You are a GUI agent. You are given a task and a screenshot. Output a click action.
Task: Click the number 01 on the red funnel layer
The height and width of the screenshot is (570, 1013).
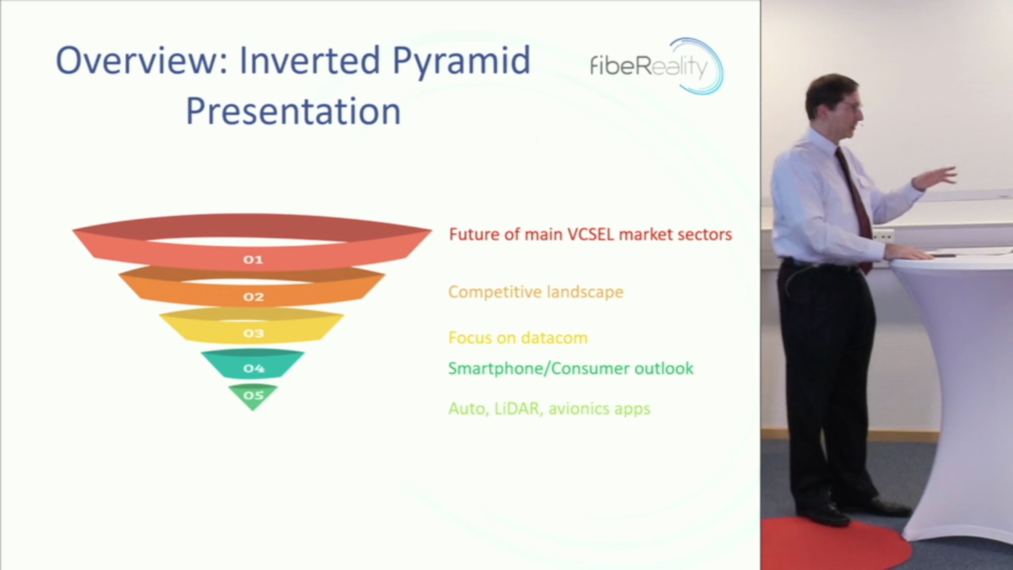click(253, 260)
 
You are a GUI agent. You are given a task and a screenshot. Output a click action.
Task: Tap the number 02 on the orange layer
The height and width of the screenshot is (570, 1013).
click(253, 297)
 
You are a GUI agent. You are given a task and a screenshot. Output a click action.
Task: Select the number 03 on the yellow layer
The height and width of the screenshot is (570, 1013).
click(253, 334)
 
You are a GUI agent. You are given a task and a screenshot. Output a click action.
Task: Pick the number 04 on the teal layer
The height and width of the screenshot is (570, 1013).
click(253, 369)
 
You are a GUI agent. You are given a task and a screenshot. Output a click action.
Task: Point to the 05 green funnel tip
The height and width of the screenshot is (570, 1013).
click(253, 397)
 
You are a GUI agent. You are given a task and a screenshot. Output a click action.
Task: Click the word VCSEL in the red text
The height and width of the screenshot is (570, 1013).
click(590, 235)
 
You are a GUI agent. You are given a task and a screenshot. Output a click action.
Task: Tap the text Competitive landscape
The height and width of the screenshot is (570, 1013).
click(536, 292)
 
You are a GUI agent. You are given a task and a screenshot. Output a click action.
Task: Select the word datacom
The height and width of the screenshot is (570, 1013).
click(554, 338)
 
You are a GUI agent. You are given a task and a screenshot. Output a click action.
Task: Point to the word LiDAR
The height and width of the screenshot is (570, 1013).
click(518, 409)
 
